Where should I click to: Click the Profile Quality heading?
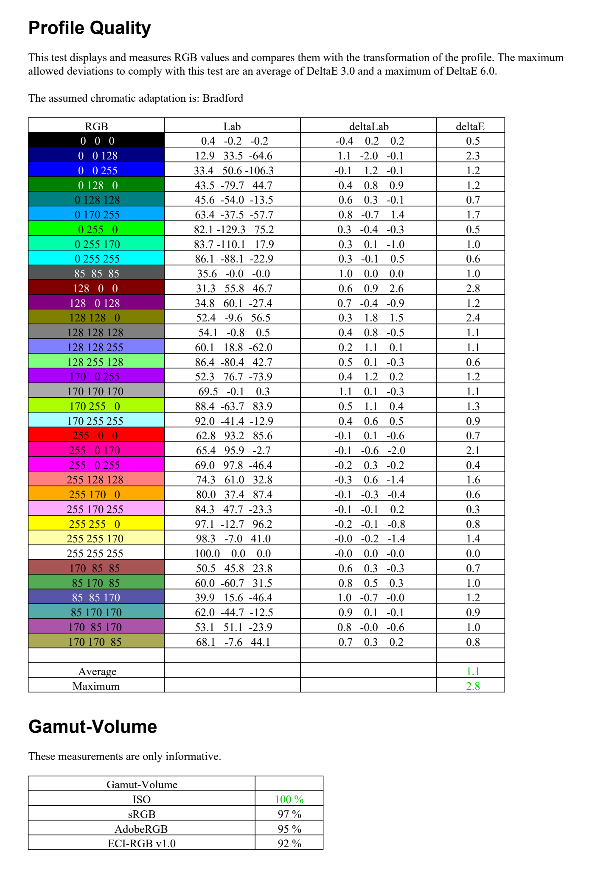coord(90,28)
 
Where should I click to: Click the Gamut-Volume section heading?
coord(93,727)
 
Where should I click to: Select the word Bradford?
coord(223,98)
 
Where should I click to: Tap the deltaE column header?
coord(470,126)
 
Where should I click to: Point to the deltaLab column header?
coord(368,126)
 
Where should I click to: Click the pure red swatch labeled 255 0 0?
coord(96,435)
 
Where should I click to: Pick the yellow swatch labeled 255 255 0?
coord(96,524)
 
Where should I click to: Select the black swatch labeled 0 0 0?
coord(96,141)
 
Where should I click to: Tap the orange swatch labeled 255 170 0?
coord(96,494)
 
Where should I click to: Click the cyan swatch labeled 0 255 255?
coord(96,259)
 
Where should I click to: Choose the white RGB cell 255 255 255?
coord(96,553)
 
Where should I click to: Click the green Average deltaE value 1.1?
coord(473,671)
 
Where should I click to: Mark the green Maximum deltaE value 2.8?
coord(473,686)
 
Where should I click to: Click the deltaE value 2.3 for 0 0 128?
coord(473,156)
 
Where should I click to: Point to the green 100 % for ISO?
coord(289,799)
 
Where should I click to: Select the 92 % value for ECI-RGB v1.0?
coord(289,843)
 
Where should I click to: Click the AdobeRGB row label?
coord(141,829)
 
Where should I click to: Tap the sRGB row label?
coord(141,814)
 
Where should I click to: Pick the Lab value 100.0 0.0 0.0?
coord(233,553)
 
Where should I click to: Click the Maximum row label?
coord(96,686)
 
